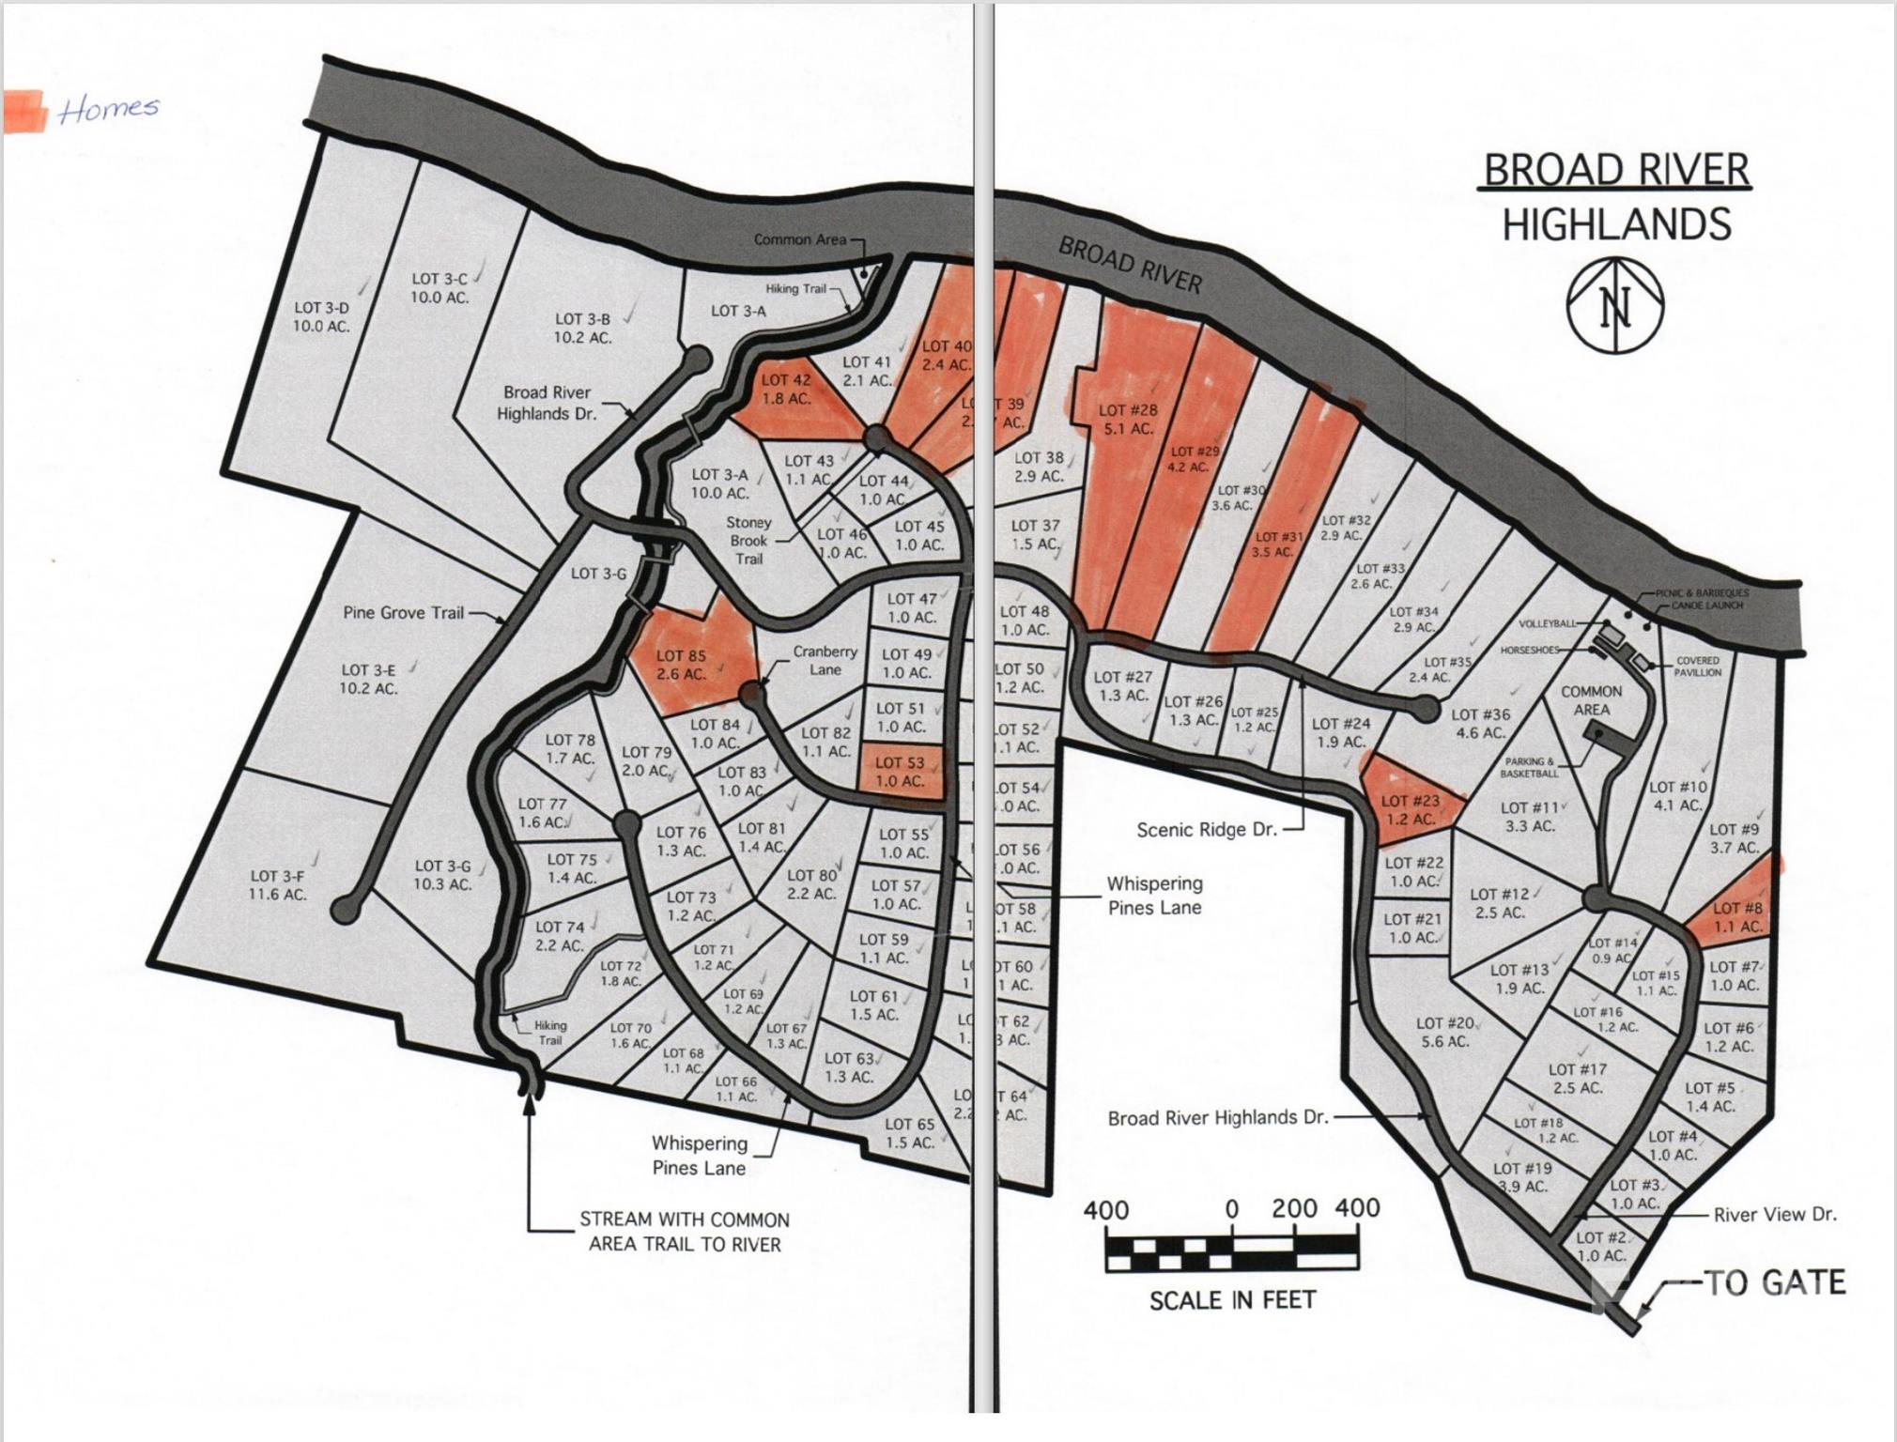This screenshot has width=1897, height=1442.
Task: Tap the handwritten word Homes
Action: point(108,109)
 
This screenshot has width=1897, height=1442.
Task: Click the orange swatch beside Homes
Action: point(25,112)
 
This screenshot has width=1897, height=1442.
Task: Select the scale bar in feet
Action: point(1232,1251)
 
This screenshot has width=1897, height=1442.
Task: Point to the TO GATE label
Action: point(1774,1282)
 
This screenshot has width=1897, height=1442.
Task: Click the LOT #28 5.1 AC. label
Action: point(1128,419)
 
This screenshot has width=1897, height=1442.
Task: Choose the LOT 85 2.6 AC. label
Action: point(681,665)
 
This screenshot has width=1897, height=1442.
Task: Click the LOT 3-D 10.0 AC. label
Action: point(321,317)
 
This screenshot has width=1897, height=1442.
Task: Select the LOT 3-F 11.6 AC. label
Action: point(278,885)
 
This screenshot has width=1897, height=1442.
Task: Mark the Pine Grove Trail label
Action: point(403,613)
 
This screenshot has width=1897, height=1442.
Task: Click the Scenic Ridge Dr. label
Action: point(1207,830)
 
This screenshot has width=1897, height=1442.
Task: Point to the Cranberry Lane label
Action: point(825,660)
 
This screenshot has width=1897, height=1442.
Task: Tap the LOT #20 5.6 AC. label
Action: point(1444,1032)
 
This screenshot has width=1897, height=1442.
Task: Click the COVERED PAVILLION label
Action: point(1698,667)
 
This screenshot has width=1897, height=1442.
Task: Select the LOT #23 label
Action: point(1411,809)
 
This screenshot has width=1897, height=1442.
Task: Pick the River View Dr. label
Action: point(1774,1214)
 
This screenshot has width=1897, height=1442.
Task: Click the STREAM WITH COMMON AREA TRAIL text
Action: point(685,1232)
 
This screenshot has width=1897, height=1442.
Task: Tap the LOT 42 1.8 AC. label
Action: point(786,389)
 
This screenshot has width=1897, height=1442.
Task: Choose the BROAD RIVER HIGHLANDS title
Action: point(1616,197)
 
